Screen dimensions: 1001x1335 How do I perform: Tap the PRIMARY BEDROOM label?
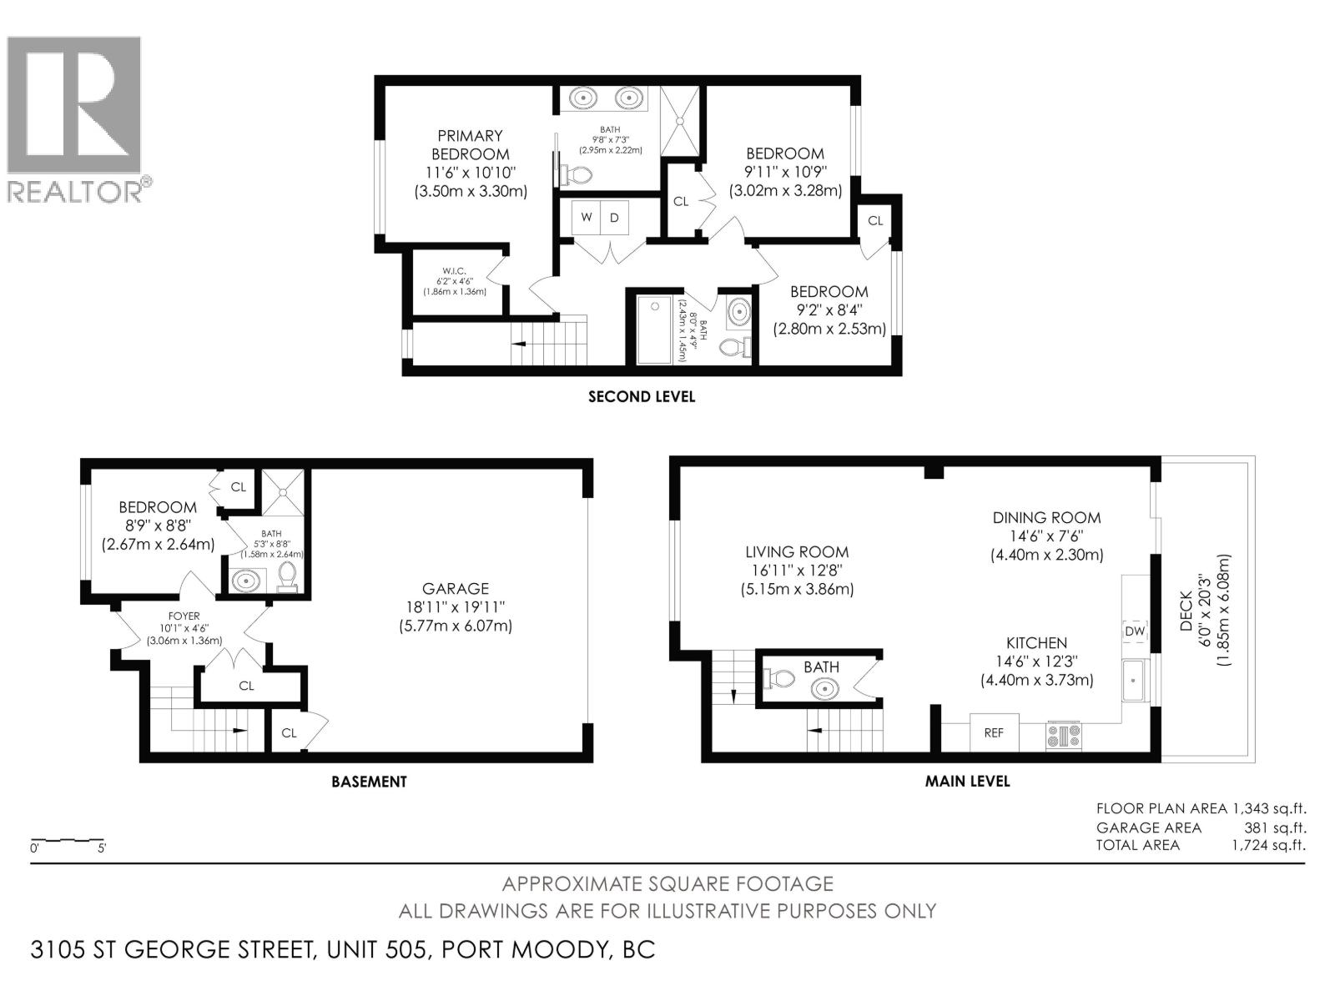pos(470,145)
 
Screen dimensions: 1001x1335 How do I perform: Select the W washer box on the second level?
pos(587,218)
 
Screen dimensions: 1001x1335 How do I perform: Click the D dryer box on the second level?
pos(615,218)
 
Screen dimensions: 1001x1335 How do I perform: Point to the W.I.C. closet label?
pos(454,271)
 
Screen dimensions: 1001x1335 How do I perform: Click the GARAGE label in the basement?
pos(455,588)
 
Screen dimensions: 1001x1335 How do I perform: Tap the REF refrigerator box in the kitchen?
pos(994,732)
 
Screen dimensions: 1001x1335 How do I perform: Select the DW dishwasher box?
pos(1135,631)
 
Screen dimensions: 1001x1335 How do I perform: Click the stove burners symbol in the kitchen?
pos(1064,735)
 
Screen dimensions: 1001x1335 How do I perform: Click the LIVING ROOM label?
pos(797,552)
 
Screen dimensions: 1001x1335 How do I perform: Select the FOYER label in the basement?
pos(184,616)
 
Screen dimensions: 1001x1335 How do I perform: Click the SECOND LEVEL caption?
pos(641,397)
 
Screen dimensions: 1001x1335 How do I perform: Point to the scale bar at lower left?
pos(67,840)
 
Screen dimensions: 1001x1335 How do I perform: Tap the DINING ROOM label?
pos(1046,517)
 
